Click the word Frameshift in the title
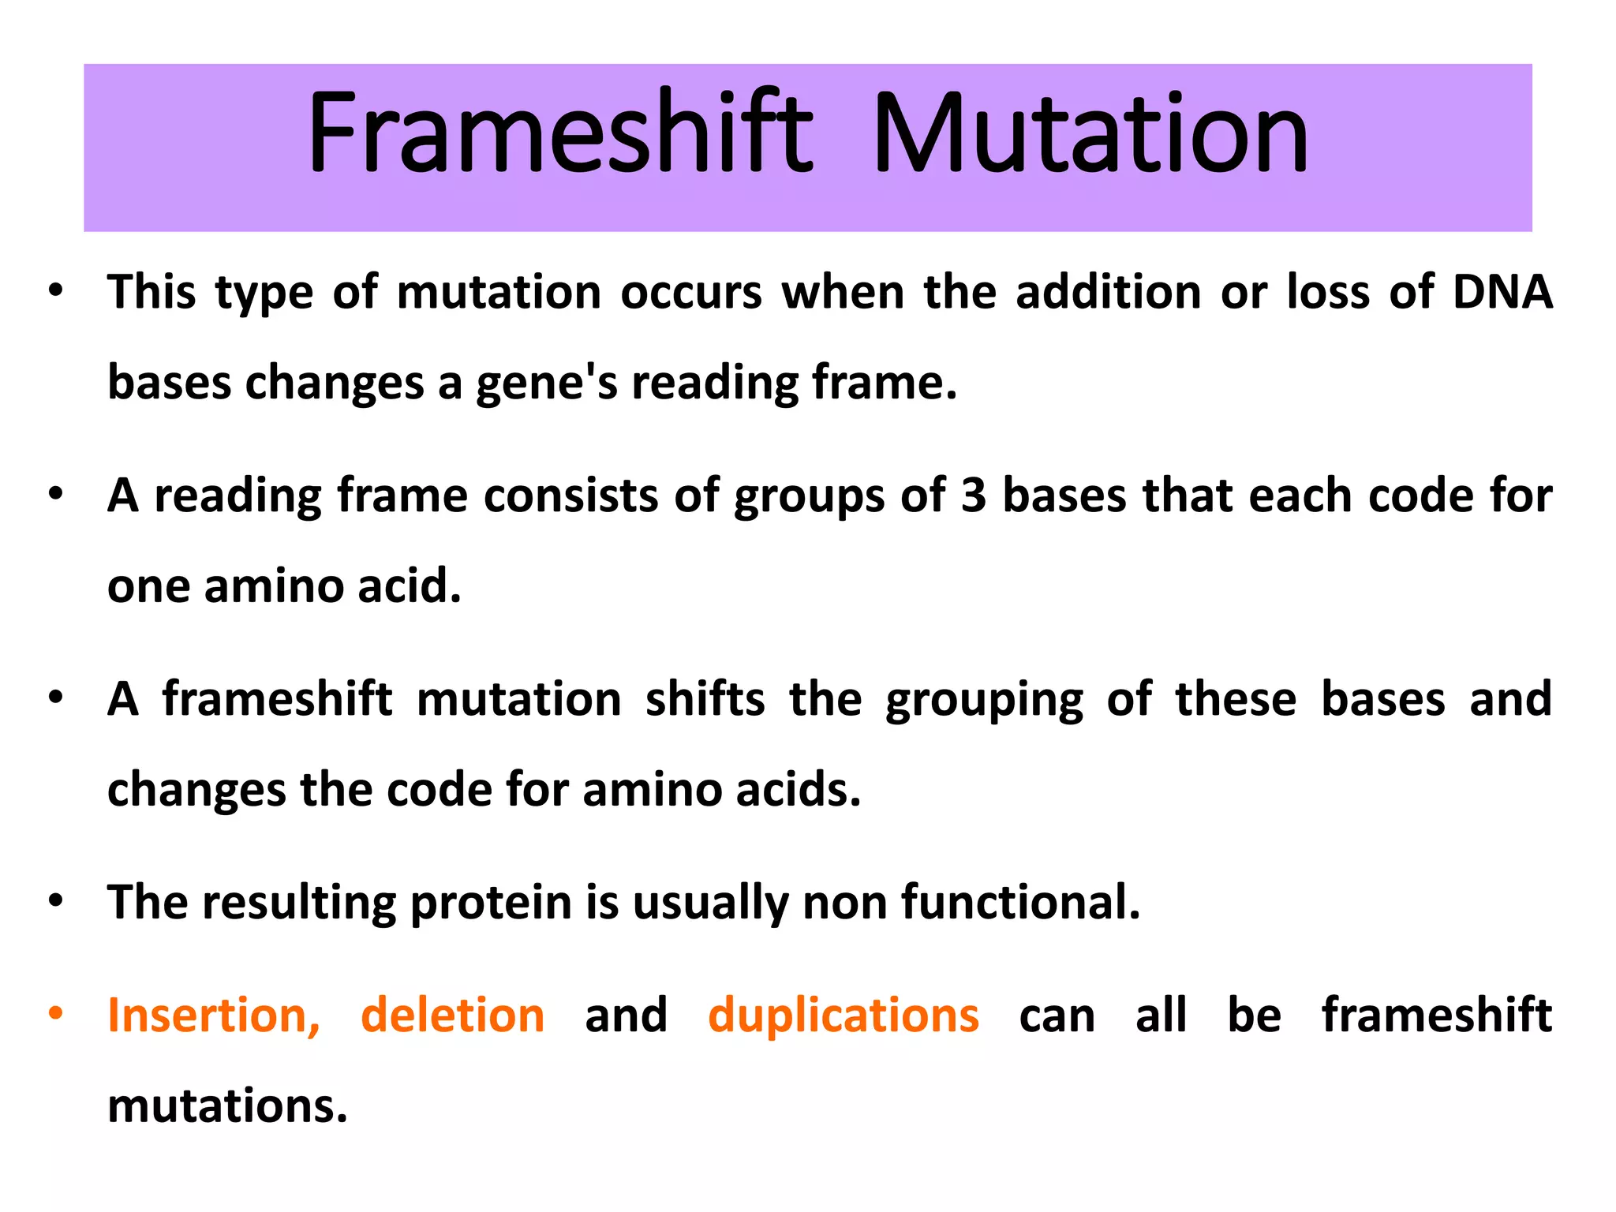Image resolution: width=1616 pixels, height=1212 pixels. pyautogui.click(x=560, y=134)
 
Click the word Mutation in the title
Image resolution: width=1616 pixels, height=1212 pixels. pyautogui.click(x=1090, y=134)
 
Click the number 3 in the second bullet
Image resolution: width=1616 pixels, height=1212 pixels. pyautogui.click(x=974, y=496)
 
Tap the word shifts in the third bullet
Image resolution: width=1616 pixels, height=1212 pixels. pyautogui.click(x=705, y=700)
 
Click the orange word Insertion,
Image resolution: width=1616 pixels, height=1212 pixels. pyautogui.click(x=214, y=1016)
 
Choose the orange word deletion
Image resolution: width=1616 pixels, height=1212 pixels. pyautogui.click(x=452, y=1016)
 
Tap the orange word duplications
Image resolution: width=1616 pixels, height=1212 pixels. pyautogui.click(x=843, y=1016)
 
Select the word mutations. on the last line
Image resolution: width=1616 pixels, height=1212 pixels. pyautogui.click(x=227, y=1106)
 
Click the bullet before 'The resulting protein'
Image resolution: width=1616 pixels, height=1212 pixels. pyautogui.click(x=54, y=900)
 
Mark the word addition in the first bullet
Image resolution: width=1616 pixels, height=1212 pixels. pyautogui.click(x=1108, y=292)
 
